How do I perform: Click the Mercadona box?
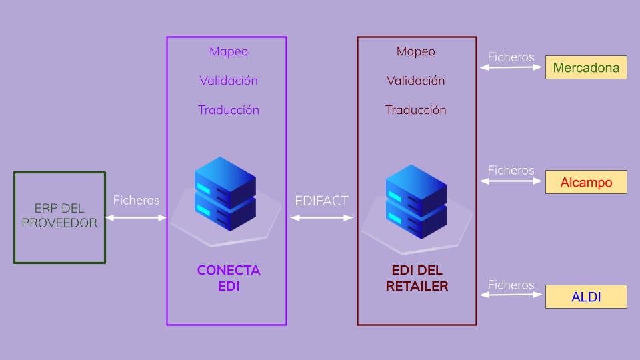[x=586, y=67]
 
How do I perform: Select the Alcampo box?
[x=586, y=182]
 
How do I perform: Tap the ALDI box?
[x=586, y=297]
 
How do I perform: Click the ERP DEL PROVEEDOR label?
[x=59, y=216]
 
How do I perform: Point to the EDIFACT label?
[x=322, y=201]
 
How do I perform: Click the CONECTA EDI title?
[x=228, y=279]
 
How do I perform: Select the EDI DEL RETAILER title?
[x=417, y=279]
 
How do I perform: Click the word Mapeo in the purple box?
[x=228, y=51]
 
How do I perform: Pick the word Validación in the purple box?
[x=228, y=81]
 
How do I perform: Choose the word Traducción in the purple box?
[x=228, y=110]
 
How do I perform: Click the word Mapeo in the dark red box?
[x=416, y=51]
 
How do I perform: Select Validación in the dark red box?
[x=416, y=81]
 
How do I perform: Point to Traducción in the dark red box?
[x=416, y=110]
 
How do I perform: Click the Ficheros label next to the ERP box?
[x=136, y=200]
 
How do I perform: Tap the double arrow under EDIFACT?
[x=322, y=217]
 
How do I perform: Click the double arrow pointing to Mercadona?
[x=511, y=67]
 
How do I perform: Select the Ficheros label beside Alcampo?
[x=511, y=170]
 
